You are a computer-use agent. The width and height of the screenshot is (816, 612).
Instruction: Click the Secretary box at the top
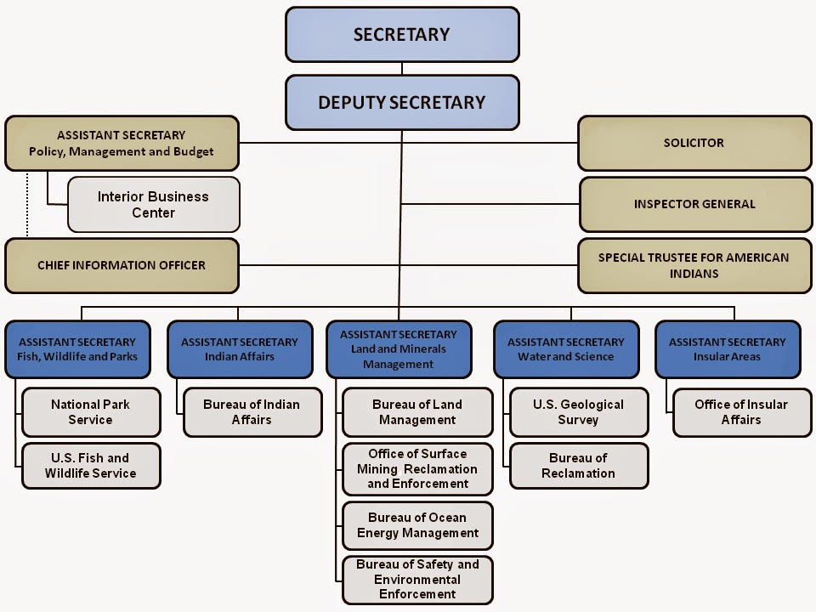pyautogui.click(x=402, y=34)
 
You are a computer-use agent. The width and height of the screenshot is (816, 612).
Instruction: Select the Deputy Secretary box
pyautogui.click(x=402, y=103)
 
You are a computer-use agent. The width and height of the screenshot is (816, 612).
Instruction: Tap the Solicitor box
pyautogui.click(x=694, y=143)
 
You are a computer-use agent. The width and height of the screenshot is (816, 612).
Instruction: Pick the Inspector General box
pyautogui.click(x=696, y=204)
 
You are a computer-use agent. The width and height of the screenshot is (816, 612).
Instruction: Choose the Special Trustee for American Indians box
pyautogui.click(x=694, y=265)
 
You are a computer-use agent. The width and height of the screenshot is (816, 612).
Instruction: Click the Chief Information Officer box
pyautogui.click(x=122, y=265)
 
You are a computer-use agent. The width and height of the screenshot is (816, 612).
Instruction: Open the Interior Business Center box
pyautogui.click(x=154, y=205)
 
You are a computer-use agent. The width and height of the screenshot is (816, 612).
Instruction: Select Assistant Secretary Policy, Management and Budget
pyautogui.click(x=122, y=143)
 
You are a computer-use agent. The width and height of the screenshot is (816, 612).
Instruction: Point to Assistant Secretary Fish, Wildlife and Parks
pyautogui.click(x=77, y=349)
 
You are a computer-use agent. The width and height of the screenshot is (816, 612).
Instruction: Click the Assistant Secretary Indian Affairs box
pyautogui.click(x=240, y=349)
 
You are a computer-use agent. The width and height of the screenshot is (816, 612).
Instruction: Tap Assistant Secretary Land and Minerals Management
pyautogui.click(x=399, y=349)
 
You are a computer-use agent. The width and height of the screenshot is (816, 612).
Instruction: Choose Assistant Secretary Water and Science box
pyautogui.click(x=566, y=349)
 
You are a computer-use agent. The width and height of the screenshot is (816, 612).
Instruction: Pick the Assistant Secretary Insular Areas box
pyautogui.click(x=728, y=349)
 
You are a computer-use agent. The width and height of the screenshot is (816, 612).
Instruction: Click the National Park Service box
pyautogui.click(x=91, y=412)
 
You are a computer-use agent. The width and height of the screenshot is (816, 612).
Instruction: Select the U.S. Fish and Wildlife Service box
pyautogui.click(x=91, y=466)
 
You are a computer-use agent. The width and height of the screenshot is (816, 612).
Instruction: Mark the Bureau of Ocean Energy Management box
pyautogui.click(x=417, y=525)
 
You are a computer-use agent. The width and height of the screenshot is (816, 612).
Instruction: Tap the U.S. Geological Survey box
pyautogui.click(x=579, y=412)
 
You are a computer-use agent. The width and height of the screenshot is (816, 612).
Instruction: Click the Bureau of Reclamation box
pyautogui.click(x=579, y=466)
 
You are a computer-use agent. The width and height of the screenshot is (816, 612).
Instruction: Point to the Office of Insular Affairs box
pyautogui.click(x=742, y=412)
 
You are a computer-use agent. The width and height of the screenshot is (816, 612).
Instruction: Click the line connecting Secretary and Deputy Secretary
pyautogui.click(x=402, y=69)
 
